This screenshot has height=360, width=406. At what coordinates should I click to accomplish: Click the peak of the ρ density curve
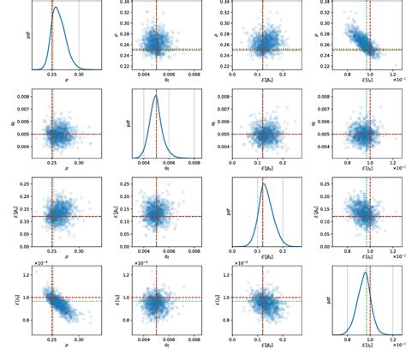57,8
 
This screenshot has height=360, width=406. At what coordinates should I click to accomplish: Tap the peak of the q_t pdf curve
156,95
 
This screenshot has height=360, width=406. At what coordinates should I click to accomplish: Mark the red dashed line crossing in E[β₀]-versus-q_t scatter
156,216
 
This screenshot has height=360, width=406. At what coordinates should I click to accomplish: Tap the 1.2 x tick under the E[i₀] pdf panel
391,342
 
